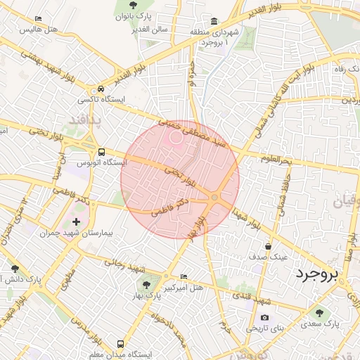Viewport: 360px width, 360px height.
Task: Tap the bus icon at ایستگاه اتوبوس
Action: tap(102, 152)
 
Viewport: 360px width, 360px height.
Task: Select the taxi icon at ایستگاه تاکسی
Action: tap(102, 89)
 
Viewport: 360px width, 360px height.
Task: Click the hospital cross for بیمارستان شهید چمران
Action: tap(77, 222)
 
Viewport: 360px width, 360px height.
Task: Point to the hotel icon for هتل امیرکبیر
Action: tap(184, 277)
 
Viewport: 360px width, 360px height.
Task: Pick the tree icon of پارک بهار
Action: tap(146, 285)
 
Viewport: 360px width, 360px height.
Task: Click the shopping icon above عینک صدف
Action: tap(268, 247)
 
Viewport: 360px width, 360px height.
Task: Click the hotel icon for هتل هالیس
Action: tap(38, 19)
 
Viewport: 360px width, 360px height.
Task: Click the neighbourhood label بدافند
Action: tap(85, 120)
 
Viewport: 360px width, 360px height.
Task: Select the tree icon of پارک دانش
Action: tap(15, 269)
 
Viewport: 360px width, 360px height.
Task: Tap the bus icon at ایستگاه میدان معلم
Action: tap(121, 345)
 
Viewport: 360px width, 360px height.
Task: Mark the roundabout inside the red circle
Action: tap(214, 197)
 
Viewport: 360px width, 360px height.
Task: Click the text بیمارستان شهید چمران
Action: tap(77, 233)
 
